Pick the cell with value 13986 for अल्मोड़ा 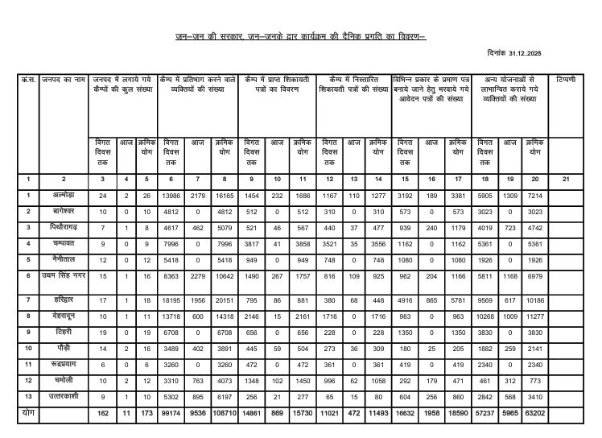pos(171,194)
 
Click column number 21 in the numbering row pos(565,178)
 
